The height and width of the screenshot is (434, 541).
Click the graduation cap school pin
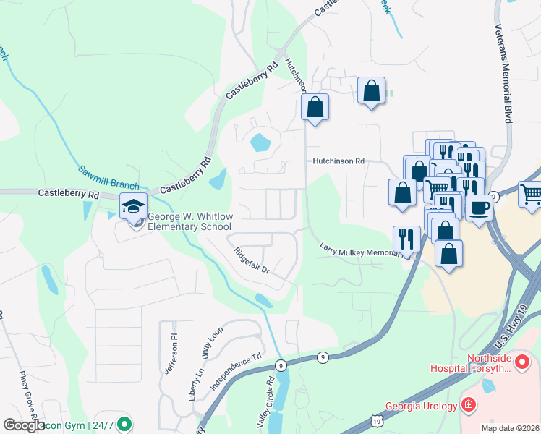coord(133,207)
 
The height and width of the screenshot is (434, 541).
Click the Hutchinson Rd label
coord(338,161)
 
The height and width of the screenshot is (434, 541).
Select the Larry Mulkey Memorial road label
coord(360,250)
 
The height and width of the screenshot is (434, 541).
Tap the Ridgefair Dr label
coord(251,260)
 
